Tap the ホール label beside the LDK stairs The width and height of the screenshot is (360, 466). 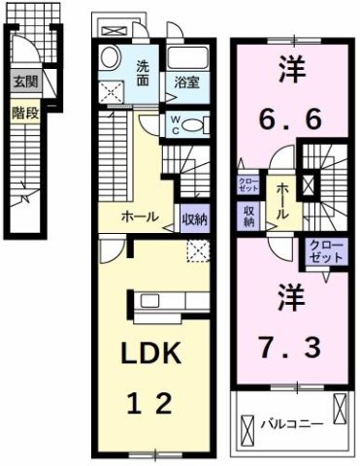point(140,217)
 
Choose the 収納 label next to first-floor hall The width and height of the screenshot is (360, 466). point(194,218)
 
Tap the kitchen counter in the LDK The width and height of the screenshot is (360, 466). point(155,300)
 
